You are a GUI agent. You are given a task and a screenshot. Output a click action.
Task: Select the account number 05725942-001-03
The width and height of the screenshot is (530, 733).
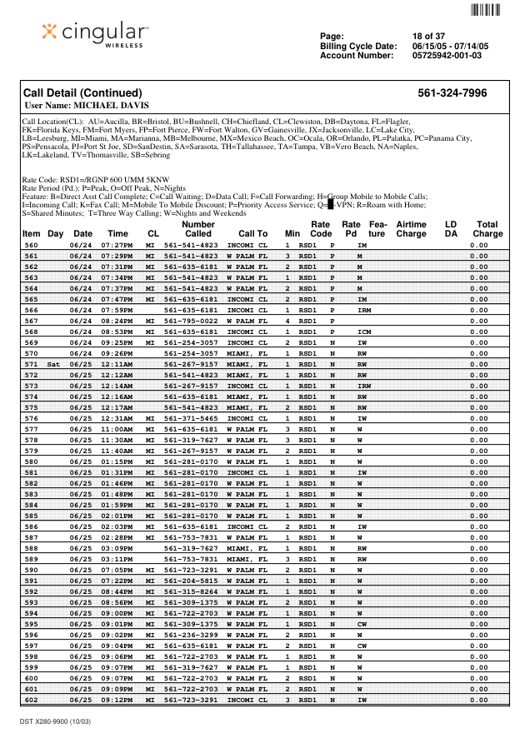pyautogui.click(x=447, y=56)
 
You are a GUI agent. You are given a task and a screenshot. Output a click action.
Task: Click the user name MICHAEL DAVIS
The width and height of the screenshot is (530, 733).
pyautogui.click(x=112, y=106)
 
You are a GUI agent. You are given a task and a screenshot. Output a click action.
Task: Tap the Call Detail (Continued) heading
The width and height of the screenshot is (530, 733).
pyautogui.click(x=82, y=93)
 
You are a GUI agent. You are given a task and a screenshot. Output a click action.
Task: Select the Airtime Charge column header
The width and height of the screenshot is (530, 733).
pyautogui.click(x=411, y=229)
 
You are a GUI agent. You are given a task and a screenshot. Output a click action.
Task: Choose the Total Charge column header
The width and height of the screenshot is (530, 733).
pyautogui.click(x=487, y=229)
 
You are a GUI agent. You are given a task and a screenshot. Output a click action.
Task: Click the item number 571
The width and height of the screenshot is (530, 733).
pyautogui.click(x=31, y=364)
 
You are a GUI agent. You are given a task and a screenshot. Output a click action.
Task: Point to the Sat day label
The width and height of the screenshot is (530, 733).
pyautogui.click(x=54, y=364)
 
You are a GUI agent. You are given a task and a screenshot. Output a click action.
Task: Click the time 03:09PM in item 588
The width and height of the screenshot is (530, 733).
pyautogui.click(x=117, y=548)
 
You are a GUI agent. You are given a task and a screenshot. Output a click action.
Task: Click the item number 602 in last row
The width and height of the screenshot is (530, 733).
pyautogui.click(x=31, y=700)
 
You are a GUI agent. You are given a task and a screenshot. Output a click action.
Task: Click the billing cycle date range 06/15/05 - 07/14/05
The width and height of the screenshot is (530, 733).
pyautogui.click(x=450, y=46)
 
